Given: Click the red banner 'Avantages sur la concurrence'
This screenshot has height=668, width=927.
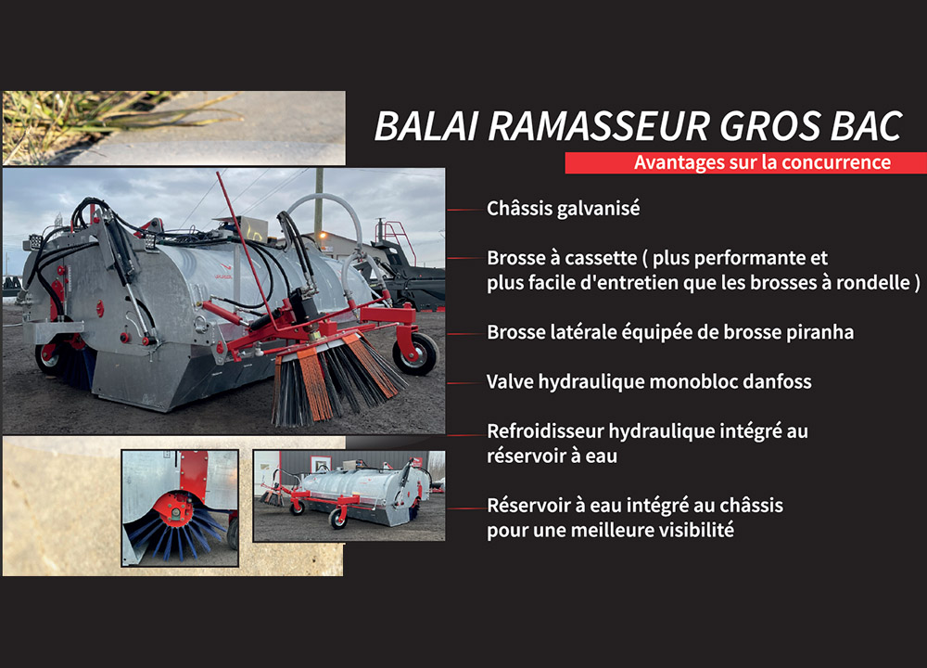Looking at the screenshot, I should tap(745, 163).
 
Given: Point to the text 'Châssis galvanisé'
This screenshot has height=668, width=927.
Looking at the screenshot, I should tap(563, 209).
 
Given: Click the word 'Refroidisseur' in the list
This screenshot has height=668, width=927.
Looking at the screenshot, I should tap(544, 431).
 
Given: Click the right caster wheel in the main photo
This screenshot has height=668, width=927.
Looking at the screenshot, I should tap(414, 353).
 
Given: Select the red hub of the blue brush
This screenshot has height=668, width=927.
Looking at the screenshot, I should tap(173, 507).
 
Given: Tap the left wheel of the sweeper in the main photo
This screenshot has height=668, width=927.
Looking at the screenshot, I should tap(49, 356).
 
